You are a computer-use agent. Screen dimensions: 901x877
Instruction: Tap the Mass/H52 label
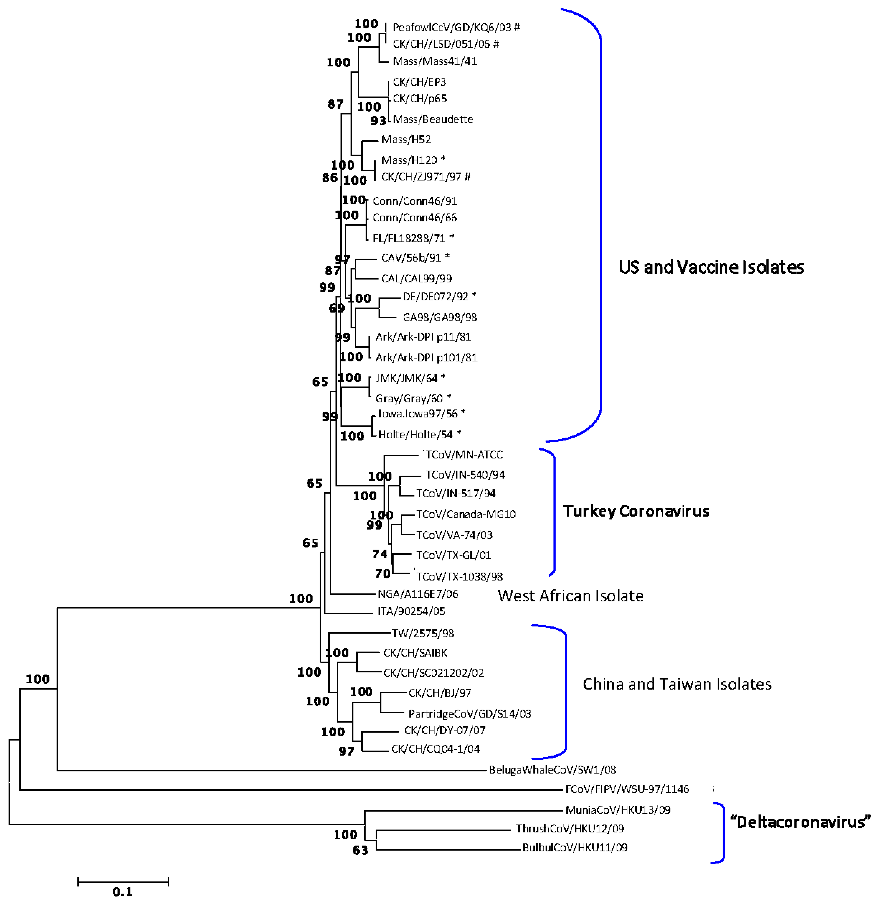[x=406, y=140]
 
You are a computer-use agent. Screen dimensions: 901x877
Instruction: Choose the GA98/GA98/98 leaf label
[x=439, y=317]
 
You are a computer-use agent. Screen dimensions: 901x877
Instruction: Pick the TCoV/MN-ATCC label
[x=463, y=455]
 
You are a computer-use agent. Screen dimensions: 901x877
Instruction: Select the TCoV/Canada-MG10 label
[x=466, y=514]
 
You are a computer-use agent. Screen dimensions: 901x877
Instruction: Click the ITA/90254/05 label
[x=411, y=611]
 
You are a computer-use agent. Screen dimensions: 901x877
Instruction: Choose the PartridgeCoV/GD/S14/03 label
[x=470, y=714]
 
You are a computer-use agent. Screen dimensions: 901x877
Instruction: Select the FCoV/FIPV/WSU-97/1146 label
[x=627, y=789]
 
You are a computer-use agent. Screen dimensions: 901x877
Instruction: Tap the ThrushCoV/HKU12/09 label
[x=569, y=829]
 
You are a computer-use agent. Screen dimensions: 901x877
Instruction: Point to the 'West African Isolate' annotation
[x=570, y=596]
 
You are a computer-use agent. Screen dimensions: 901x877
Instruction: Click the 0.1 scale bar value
[x=122, y=892]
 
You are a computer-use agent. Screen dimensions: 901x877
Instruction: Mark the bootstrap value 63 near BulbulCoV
[x=360, y=850]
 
